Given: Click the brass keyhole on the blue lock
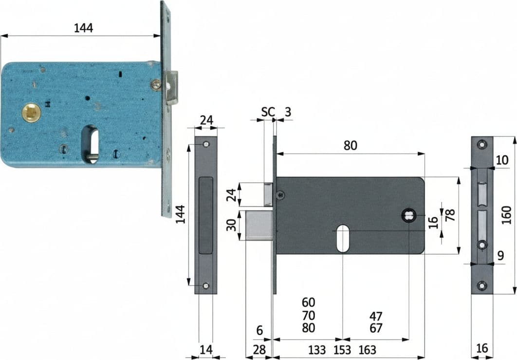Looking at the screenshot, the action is click(x=31, y=113).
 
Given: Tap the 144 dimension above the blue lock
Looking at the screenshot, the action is click(x=83, y=28).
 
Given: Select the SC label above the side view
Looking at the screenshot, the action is click(x=268, y=112).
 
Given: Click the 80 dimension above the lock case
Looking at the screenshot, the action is click(x=350, y=146).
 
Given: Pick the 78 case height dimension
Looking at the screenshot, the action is click(x=450, y=215).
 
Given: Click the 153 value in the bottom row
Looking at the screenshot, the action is click(x=342, y=350).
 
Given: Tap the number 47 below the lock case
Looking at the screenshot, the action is click(x=375, y=317).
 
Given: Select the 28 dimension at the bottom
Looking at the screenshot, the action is click(x=259, y=350).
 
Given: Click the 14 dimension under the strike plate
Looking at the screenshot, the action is click(x=206, y=349).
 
